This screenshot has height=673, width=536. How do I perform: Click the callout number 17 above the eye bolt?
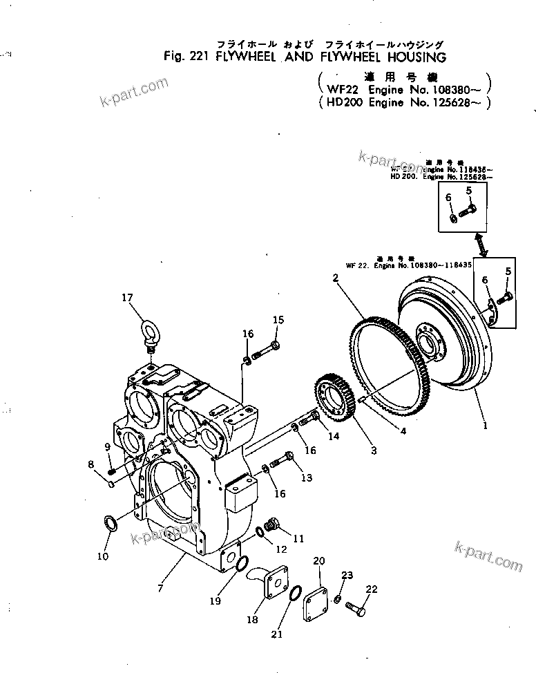tap(127, 298)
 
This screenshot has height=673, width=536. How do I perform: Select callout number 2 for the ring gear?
tap(334, 278)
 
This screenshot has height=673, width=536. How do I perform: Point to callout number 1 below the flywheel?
tap(485, 426)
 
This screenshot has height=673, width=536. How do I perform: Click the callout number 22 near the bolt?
tap(372, 589)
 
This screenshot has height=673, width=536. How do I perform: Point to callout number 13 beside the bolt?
tap(306, 477)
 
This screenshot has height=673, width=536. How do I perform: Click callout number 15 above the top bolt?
tap(278, 319)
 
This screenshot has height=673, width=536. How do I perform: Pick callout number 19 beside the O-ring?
tap(215, 601)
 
